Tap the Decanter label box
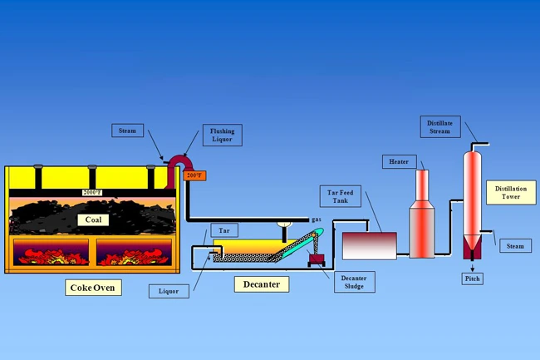coord(262,284)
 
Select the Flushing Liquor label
coord(222,136)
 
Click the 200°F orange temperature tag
coord(194,175)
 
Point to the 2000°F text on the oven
coord(92,193)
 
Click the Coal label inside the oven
coord(92,219)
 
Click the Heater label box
coord(398,160)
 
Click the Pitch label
coord(473,279)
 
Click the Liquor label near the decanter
coord(166,291)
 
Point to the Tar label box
coord(223,229)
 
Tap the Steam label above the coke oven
coord(129,131)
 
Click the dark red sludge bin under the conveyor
coord(317,260)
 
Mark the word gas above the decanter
coord(317,219)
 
